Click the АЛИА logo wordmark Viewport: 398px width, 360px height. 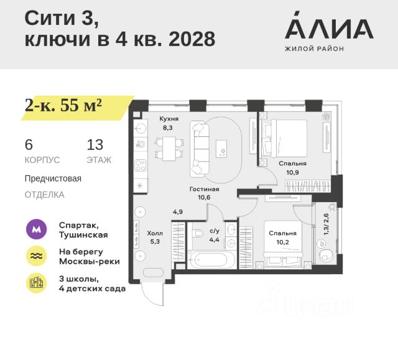pos(329,28)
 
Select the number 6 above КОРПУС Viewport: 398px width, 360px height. pos(28,145)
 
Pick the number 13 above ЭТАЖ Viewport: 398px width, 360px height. pos(95,145)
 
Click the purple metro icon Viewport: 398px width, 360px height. pos(35,229)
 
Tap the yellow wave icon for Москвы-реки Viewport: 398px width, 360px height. pos(35,256)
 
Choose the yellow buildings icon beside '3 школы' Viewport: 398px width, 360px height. pos(35,283)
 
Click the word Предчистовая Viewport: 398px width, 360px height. pos(53,178)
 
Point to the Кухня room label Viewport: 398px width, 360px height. pos(169,118)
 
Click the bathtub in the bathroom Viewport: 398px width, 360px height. pos(212,259)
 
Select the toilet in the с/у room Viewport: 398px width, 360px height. pos(198,234)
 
